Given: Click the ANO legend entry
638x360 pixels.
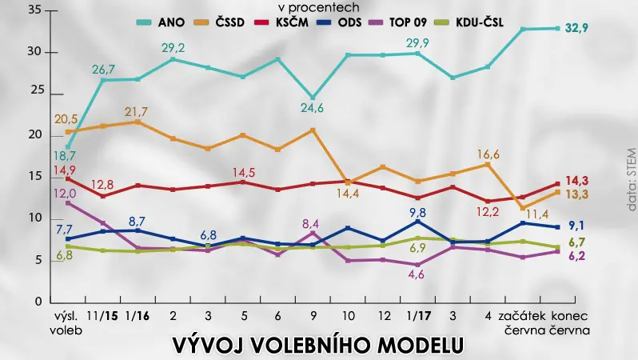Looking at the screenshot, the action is (161, 22).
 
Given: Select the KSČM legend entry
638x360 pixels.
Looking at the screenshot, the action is (281, 22).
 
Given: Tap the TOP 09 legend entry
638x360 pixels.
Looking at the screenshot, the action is (397, 22).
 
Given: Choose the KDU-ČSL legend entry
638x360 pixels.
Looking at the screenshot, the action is (469, 22).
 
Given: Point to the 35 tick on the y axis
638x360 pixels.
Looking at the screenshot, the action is (35, 10).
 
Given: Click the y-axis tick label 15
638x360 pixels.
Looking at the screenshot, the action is (35, 176).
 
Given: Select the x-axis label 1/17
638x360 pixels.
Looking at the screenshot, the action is (419, 316).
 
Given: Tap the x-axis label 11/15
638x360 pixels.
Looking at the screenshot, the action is (102, 316).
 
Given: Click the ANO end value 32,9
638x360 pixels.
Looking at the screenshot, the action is (576, 28).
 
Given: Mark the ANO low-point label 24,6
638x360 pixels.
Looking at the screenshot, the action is (312, 108).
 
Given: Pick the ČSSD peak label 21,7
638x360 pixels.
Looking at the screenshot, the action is (136, 111).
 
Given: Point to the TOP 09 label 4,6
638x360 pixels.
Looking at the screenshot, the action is (416, 274).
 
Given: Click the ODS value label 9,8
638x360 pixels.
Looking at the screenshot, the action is (418, 213).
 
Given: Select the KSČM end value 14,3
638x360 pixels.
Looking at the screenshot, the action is (577, 181).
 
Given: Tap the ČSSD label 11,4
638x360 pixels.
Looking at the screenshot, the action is (537, 214).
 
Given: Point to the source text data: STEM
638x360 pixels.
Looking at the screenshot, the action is (632, 179).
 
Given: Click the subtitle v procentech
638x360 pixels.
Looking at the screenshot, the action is (318, 7).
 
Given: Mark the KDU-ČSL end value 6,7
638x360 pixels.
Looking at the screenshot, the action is (577, 242).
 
